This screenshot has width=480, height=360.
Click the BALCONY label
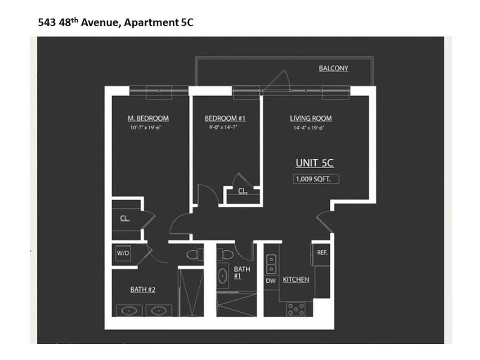tap(333, 68)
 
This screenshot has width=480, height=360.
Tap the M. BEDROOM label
tap(148, 118)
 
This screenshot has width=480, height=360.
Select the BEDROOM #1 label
tap(225, 118)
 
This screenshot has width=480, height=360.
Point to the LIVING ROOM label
tap(310, 118)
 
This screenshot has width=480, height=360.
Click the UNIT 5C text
tap(314, 163)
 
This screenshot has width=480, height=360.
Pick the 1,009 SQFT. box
tap(316, 179)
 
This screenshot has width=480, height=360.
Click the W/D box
tap(123, 253)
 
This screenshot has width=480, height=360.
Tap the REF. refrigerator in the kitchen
tap(322, 253)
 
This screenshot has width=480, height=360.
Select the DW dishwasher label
tap(270, 281)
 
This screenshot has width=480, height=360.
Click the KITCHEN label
tap(296, 280)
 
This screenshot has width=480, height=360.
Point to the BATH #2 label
tap(143, 289)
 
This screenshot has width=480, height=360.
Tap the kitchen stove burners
tap(296, 309)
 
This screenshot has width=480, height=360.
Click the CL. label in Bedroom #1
tap(242, 191)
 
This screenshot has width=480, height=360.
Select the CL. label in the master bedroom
tap(125, 219)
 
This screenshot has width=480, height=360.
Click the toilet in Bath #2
tap(194, 255)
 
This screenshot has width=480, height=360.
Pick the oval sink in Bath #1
tap(223, 275)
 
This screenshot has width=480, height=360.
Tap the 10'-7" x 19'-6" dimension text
tap(148, 128)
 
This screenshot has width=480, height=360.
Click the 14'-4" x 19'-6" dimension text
tap(309, 128)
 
